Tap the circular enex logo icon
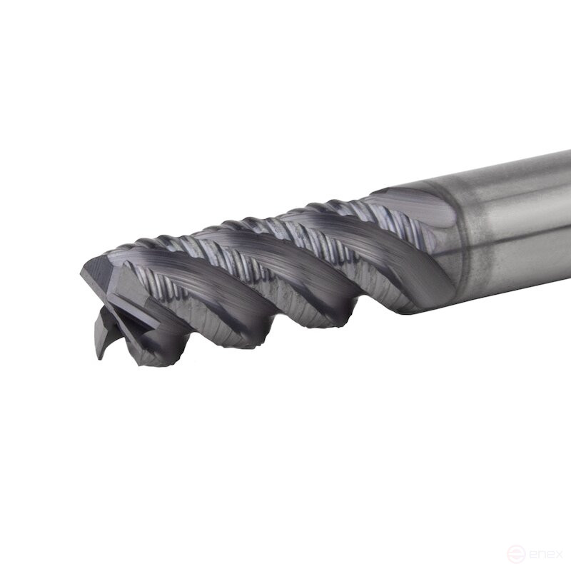click(515, 553)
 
